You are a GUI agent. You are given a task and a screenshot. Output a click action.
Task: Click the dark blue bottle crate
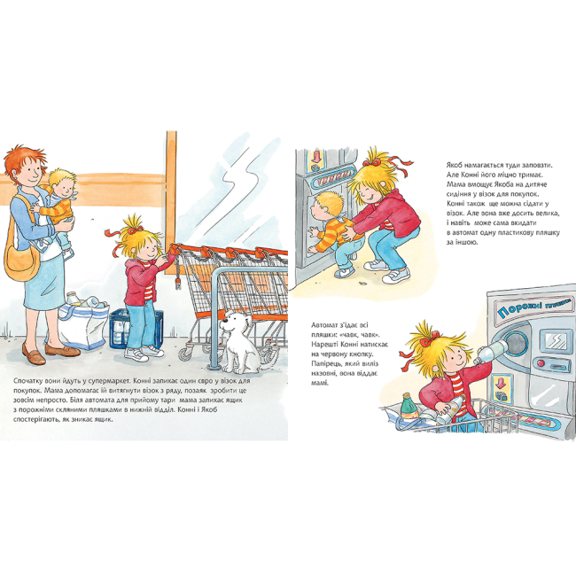[x=136, y=329]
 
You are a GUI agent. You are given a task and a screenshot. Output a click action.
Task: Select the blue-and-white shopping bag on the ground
[x=84, y=324]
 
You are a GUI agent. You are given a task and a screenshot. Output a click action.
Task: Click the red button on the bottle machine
[x=541, y=363]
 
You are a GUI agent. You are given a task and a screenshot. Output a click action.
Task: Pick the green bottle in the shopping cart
[x=409, y=406]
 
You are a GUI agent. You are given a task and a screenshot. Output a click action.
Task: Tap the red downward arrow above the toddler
[x=316, y=157]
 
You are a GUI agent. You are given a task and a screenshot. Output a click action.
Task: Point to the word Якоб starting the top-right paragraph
[x=455, y=165]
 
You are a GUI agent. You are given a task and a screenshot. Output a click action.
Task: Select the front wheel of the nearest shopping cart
[x=185, y=354]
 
